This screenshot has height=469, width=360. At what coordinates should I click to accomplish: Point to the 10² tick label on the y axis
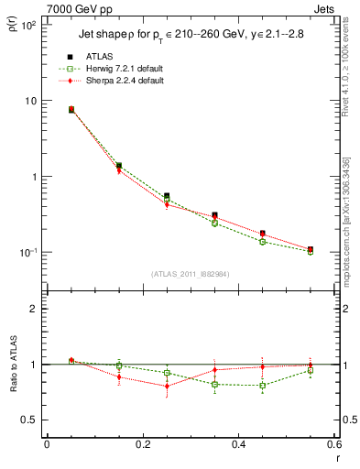coord(28,26)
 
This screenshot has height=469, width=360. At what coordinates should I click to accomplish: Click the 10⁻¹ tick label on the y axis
coord(28,253)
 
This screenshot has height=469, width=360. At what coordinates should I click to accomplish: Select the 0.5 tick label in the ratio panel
coord(30,420)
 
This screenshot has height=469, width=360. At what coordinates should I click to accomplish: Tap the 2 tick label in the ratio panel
coord(34,309)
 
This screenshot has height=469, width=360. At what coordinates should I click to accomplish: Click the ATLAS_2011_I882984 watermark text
coord(191,273)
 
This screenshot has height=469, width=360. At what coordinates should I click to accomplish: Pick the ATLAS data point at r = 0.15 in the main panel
coord(119,166)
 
